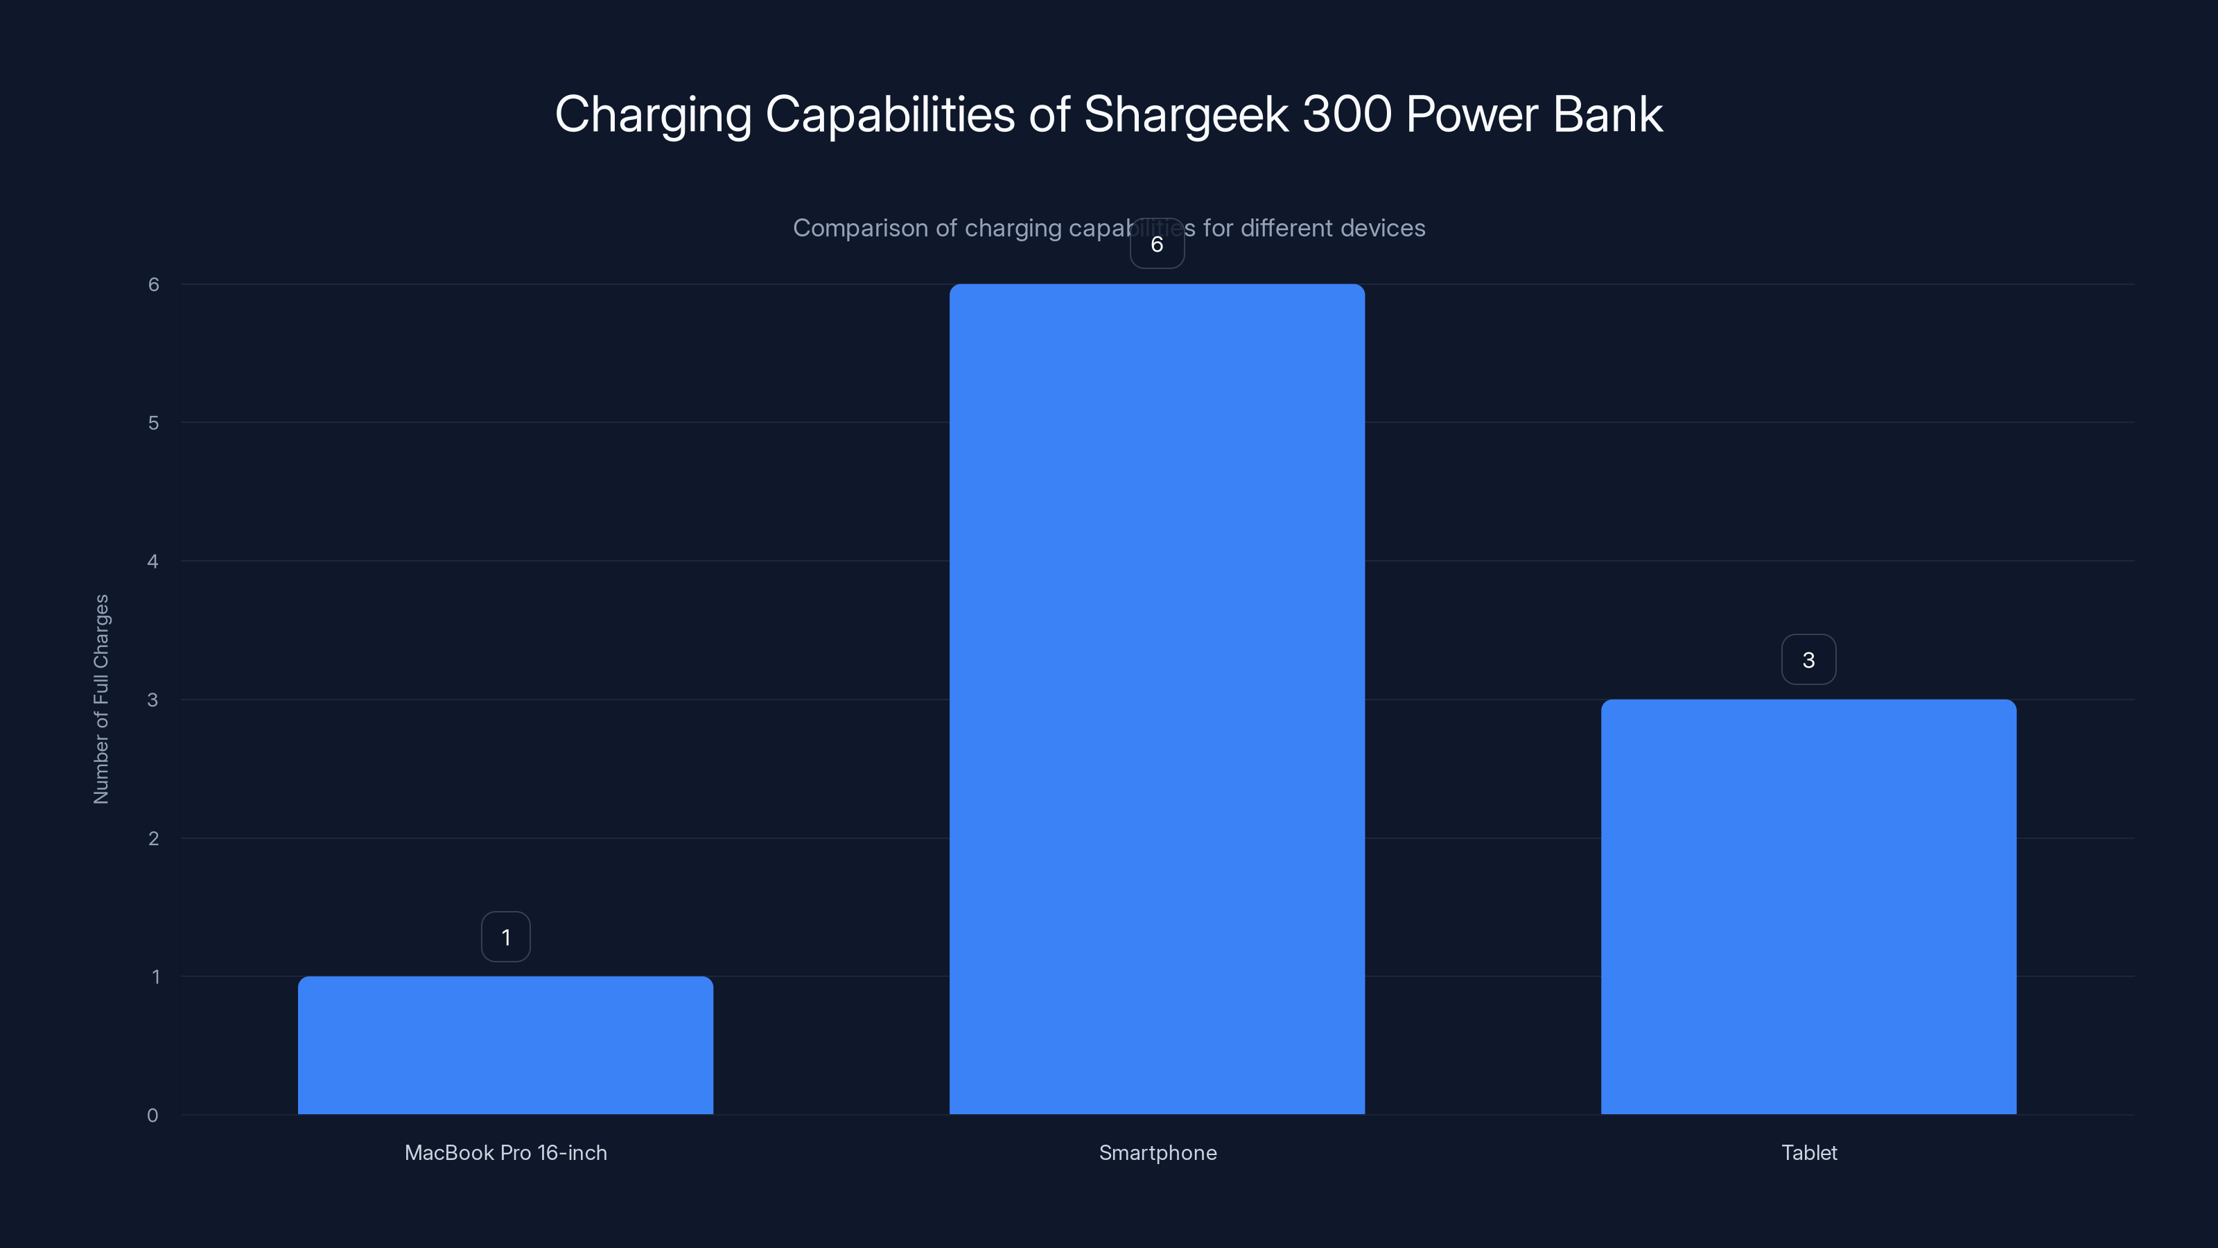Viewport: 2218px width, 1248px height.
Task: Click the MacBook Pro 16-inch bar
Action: click(x=505, y=1045)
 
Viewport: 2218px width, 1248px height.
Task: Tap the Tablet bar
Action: click(x=1808, y=906)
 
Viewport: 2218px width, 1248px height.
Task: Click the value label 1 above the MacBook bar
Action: click(x=505, y=937)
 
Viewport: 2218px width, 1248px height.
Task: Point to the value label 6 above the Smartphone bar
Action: click(x=1156, y=245)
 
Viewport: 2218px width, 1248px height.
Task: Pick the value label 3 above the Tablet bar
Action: click(x=1808, y=660)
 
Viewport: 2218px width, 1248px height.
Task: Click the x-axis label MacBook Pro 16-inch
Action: click(x=505, y=1152)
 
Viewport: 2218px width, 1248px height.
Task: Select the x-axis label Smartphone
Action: click(x=1158, y=1152)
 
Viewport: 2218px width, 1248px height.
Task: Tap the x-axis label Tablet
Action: click(x=1808, y=1152)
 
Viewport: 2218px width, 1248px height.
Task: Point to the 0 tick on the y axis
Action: click(x=152, y=1116)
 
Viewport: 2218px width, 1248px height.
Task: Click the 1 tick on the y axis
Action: click(x=156, y=977)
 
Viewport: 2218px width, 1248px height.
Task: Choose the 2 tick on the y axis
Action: click(x=153, y=838)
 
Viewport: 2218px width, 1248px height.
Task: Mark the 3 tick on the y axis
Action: click(x=152, y=700)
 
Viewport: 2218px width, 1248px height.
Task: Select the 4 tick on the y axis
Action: click(x=152, y=562)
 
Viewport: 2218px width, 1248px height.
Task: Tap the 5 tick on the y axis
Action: click(x=153, y=423)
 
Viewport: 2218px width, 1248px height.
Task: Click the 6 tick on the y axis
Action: click(x=153, y=284)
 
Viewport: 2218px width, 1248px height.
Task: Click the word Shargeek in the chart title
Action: click(x=1186, y=114)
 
